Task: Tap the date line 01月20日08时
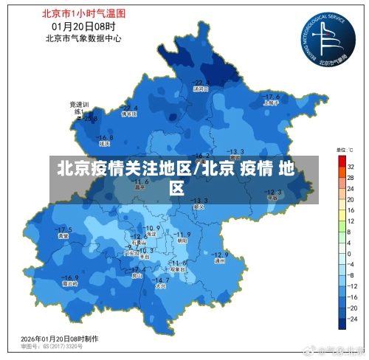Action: point(83,27)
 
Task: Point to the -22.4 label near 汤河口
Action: point(201,82)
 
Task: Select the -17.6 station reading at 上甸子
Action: point(272,97)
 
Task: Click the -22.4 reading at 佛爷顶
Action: point(129,108)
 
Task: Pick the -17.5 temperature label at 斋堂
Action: point(64,229)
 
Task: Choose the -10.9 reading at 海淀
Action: point(153,228)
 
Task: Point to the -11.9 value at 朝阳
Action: point(182,234)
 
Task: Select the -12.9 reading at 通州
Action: point(221,255)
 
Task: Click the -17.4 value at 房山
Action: point(137,271)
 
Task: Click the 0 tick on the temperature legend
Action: point(350,254)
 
